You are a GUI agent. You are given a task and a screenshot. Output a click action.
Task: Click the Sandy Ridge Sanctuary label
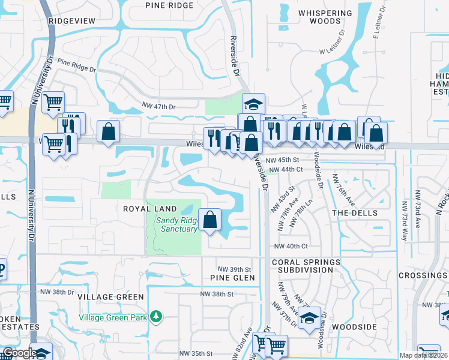tap(176, 224)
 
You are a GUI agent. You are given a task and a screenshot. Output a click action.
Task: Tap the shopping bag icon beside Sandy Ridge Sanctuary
tap(210, 220)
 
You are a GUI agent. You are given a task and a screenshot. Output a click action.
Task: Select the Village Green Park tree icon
tap(156, 316)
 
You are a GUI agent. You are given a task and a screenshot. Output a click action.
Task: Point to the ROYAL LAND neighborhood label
tap(150, 209)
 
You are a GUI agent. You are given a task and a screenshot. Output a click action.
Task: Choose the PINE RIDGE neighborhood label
tap(170, 5)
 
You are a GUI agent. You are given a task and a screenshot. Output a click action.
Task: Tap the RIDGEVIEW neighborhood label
tap(72, 20)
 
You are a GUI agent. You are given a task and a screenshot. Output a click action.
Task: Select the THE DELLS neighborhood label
tap(355, 213)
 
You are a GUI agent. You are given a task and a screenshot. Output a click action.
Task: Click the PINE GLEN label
tap(233, 278)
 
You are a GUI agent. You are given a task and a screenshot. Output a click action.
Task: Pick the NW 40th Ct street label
tap(291, 246)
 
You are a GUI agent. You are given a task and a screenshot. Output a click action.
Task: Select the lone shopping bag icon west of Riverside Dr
tap(108, 133)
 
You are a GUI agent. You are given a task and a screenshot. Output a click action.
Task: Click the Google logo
tap(20, 353)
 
